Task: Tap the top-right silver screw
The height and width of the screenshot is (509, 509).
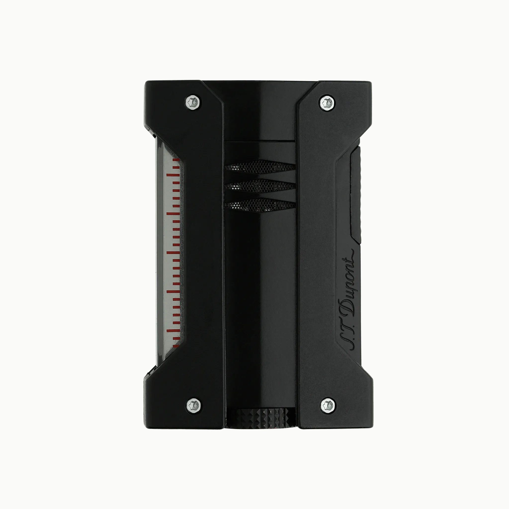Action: (x=328, y=102)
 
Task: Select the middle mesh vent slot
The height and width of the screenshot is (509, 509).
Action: (x=260, y=186)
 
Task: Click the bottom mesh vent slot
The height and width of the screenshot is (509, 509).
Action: (x=260, y=205)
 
